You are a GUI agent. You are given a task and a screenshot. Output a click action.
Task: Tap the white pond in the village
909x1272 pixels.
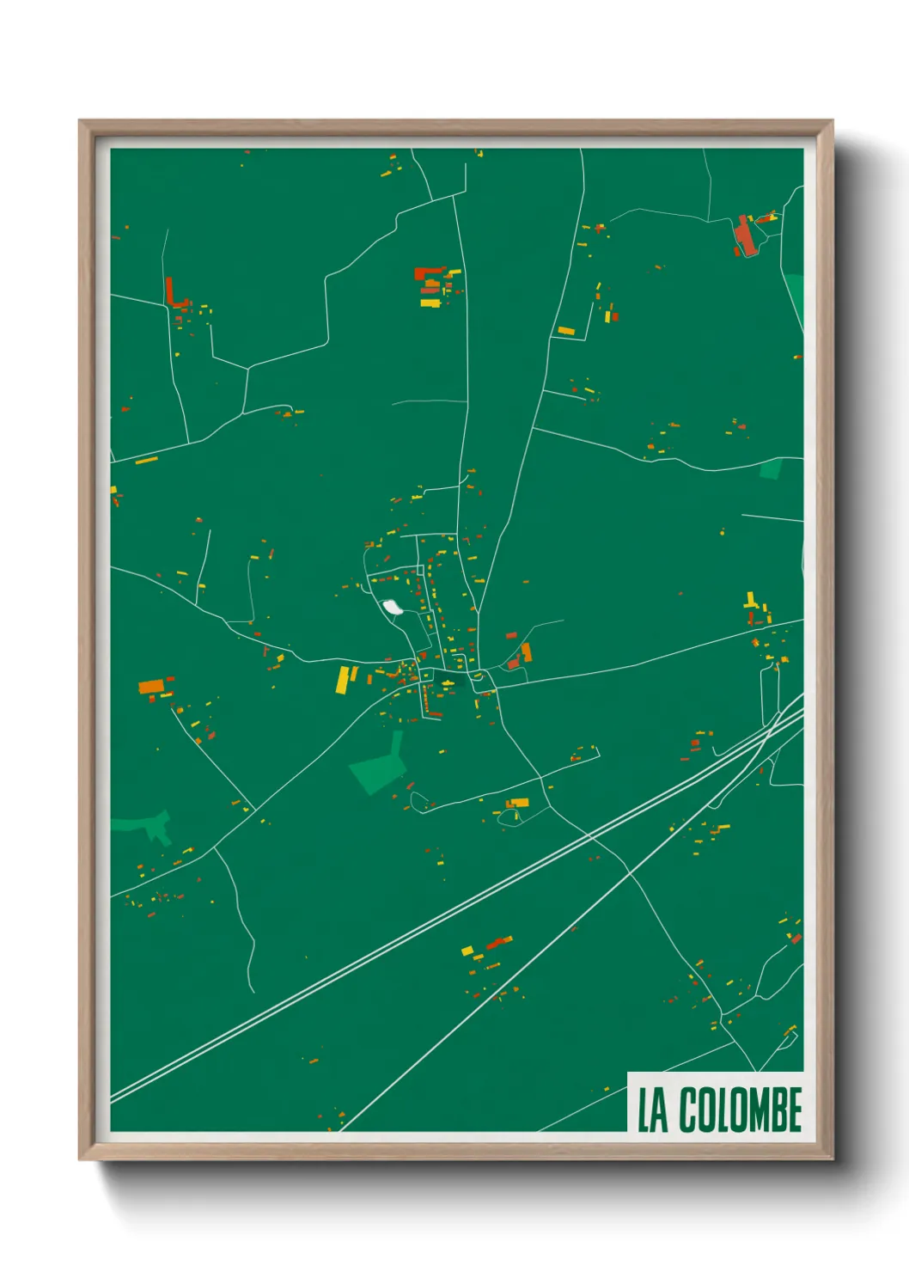(x=393, y=608)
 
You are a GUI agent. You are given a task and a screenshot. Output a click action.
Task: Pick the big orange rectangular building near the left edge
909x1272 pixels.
(x=151, y=686)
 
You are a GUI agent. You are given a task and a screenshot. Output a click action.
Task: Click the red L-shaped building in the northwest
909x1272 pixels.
(x=173, y=295)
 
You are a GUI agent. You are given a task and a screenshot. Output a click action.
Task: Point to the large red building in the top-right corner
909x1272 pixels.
(x=745, y=236)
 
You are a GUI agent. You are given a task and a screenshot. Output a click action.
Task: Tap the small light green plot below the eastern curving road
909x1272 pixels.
(x=771, y=469)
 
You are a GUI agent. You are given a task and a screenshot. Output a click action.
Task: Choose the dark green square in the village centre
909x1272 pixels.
(x=448, y=682)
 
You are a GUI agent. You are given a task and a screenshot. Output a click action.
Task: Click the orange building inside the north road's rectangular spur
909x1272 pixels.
(x=566, y=331)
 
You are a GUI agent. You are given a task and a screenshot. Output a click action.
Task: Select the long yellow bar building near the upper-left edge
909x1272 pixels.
(x=147, y=461)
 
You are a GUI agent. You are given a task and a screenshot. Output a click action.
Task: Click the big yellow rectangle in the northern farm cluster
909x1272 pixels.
(x=430, y=303)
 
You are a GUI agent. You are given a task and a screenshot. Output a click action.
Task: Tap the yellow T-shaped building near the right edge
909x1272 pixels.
(x=750, y=601)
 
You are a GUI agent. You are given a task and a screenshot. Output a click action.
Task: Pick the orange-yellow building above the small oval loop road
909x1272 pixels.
(x=517, y=803)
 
